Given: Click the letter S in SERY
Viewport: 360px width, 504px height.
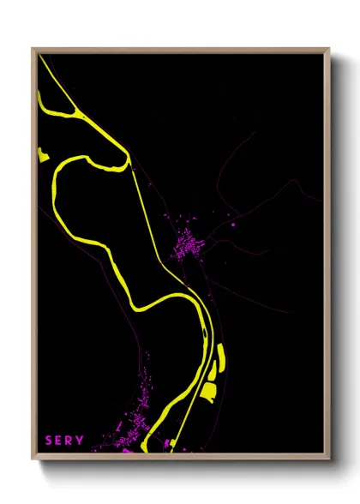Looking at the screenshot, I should [49, 441].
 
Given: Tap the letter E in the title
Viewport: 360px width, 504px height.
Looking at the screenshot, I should [59, 441].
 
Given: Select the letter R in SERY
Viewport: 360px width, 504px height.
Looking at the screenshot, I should [69, 441].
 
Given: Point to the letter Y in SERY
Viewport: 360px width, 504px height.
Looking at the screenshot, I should [81, 441].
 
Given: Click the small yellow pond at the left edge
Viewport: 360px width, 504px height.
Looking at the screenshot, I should [41, 155].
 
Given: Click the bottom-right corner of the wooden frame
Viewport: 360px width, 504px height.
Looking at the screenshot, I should [328, 461].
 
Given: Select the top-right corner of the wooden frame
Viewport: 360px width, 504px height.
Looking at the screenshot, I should [328, 50].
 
